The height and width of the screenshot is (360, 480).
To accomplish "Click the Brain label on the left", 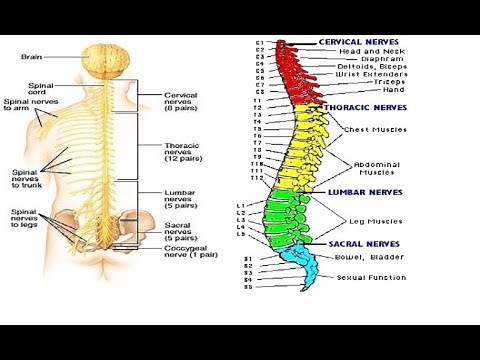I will [x=31, y=57].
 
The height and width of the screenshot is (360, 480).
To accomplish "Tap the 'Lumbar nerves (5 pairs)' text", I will [x=184, y=198].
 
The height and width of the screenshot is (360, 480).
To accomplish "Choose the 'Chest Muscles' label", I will [x=371, y=129].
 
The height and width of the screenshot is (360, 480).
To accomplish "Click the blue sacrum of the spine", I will [x=300, y=259].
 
